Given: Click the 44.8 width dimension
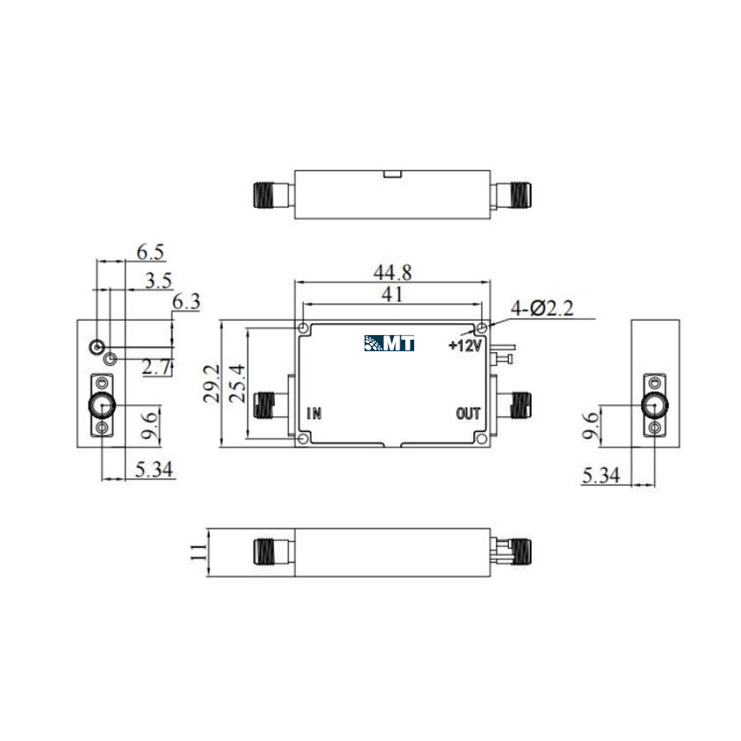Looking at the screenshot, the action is pos(392,272).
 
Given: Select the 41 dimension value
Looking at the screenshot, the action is pos(392,294).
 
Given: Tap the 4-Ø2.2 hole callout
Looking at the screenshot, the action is pos(542,308).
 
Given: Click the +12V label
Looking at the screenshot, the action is pos(465,345).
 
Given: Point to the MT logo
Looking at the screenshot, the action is pos(390,343).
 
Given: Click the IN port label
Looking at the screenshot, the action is pos(314,413).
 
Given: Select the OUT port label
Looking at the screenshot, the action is pos(468,413).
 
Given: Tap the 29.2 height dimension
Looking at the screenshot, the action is pos(211,383).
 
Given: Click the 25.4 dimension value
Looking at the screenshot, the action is pos(237,383).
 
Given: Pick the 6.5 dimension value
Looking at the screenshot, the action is pos(150,252).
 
